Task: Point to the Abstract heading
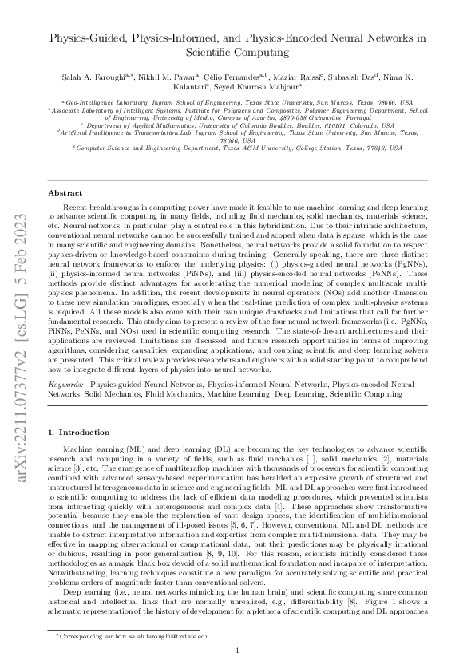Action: point(65,193)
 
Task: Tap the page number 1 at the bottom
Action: point(238,650)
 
